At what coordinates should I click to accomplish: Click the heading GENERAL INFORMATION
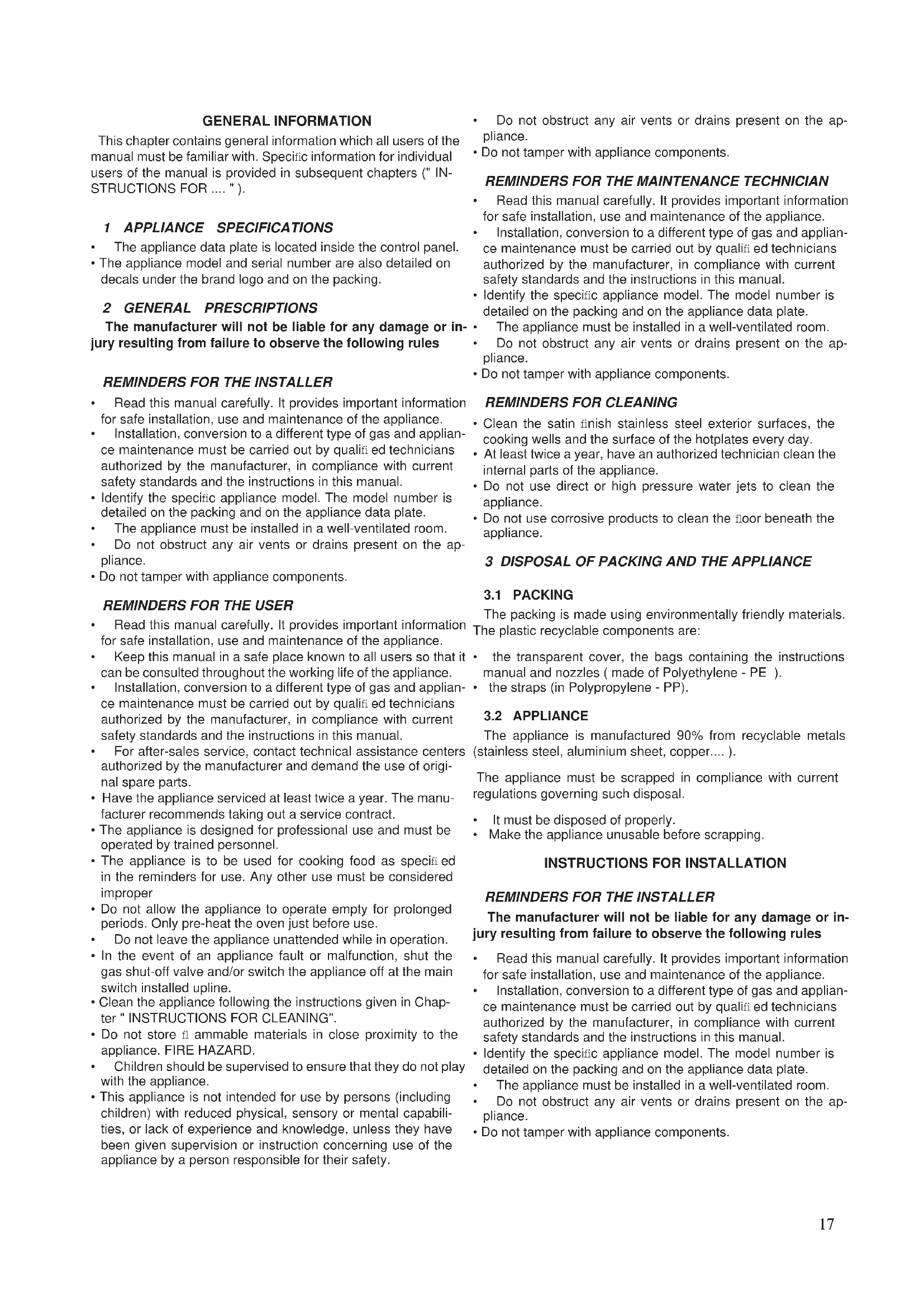click(x=287, y=121)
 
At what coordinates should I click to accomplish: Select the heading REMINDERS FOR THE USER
click(x=197, y=605)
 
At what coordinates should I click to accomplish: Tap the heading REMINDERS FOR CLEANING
click(x=581, y=402)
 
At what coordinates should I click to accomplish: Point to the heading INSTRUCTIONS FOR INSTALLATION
click(x=665, y=863)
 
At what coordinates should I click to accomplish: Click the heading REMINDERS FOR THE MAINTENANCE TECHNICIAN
click(x=656, y=181)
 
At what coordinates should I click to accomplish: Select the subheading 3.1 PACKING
click(x=528, y=595)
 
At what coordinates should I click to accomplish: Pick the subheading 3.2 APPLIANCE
click(x=536, y=716)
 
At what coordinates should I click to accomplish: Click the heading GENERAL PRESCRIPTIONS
click(x=220, y=308)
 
